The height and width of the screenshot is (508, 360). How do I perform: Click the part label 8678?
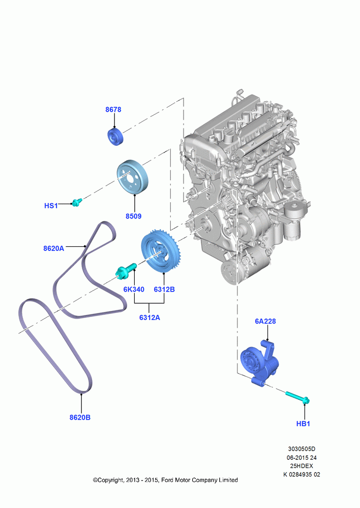(x=113, y=110)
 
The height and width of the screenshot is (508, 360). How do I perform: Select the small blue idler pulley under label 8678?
(x=115, y=137)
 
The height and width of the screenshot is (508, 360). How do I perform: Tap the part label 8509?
(x=134, y=216)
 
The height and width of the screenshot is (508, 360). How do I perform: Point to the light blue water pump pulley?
(x=132, y=177)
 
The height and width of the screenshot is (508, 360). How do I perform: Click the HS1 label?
(x=51, y=206)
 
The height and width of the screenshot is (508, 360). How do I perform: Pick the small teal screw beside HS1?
(x=77, y=202)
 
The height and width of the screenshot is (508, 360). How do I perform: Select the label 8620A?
(x=54, y=248)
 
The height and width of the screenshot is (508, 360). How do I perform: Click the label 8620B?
(x=80, y=418)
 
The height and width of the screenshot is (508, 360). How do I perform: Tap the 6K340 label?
(x=134, y=290)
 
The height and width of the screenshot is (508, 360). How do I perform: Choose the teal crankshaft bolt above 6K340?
(x=126, y=271)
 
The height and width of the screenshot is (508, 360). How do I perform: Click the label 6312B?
(x=164, y=290)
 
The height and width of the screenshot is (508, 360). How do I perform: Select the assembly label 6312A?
(x=149, y=317)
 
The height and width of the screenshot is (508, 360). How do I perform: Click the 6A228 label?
(x=265, y=321)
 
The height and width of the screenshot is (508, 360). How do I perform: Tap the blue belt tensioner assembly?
(x=259, y=363)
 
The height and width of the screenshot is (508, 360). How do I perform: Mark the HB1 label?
(x=303, y=424)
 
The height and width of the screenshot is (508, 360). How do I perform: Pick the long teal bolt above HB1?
(x=298, y=398)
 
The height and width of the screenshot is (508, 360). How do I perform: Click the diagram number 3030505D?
(x=302, y=449)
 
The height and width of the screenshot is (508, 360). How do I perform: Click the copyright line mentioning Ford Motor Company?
(x=165, y=480)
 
